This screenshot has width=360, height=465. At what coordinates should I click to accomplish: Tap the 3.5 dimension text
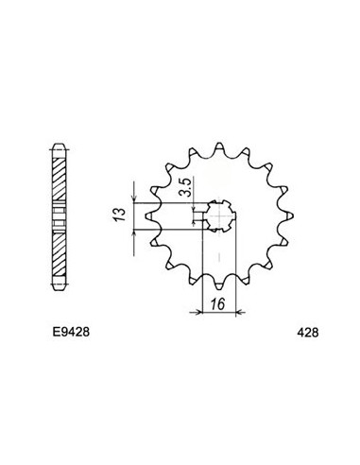(188, 177)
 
